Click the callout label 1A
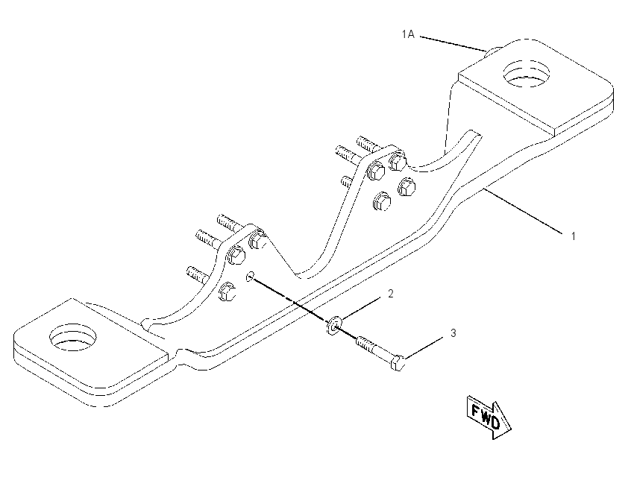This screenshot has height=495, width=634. click(408, 34)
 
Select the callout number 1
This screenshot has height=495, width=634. click(573, 236)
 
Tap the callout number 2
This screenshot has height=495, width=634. click(390, 294)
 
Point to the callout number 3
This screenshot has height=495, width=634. click(453, 333)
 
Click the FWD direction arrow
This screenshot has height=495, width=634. click(489, 417)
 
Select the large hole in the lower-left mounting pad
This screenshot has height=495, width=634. click(73, 337)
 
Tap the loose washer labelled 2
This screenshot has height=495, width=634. click(333, 325)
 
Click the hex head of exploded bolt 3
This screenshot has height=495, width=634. click(398, 363)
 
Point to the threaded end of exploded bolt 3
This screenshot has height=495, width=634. click(364, 344)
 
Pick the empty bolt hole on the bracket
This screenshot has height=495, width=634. click(250, 277)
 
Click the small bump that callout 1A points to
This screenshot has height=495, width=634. click(493, 51)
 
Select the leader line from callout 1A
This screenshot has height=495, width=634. click(453, 44)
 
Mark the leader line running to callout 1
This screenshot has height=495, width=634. click(524, 211)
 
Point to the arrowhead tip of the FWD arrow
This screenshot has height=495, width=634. click(511, 428)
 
